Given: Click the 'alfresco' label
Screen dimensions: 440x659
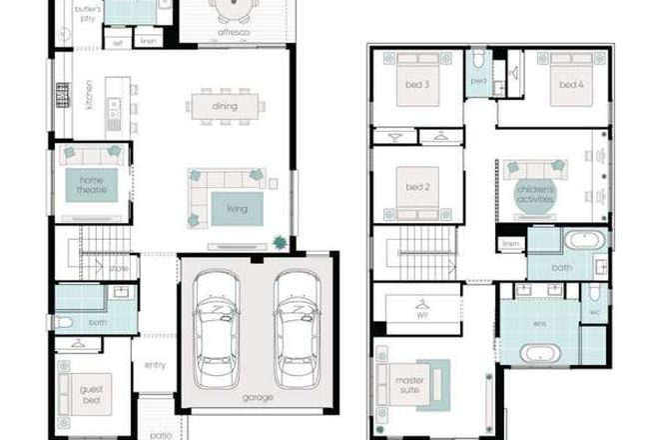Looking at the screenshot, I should pyautogui.click(x=233, y=33).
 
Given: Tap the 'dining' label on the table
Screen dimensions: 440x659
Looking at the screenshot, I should pyautogui.click(x=226, y=105).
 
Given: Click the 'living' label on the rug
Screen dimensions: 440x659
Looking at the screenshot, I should pyautogui.click(x=237, y=209).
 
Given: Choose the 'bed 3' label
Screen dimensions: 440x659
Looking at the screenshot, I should pyautogui.click(x=418, y=85).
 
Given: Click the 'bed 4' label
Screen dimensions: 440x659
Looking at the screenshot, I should pyautogui.click(x=570, y=85).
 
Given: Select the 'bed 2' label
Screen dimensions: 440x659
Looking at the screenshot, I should pyautogui.click(x=417, y=186).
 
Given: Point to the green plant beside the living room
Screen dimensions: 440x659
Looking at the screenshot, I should pyautogui.click(x=280, y=241).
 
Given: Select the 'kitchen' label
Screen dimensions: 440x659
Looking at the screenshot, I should pyautogui.click(x=89, y=94).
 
